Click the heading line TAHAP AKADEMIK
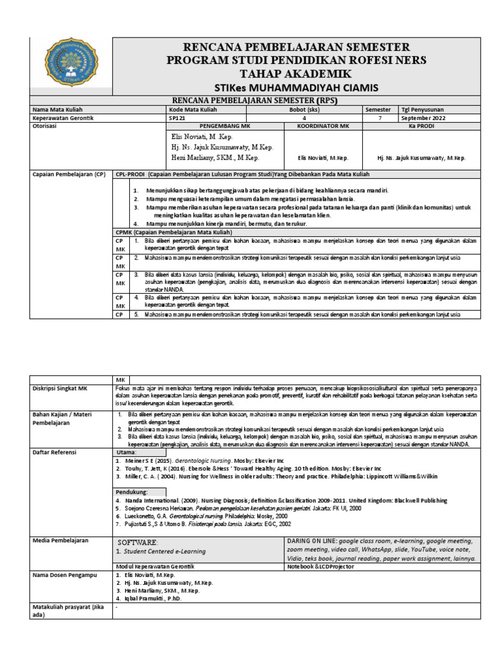(x=287, y=74)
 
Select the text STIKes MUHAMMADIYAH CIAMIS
(x=287, y=88)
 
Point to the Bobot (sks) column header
(x=304, y=110)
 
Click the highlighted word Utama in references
(x=127, y=453)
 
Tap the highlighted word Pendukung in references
(x=132, y=491)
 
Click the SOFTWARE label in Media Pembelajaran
(x=138, y=542)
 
